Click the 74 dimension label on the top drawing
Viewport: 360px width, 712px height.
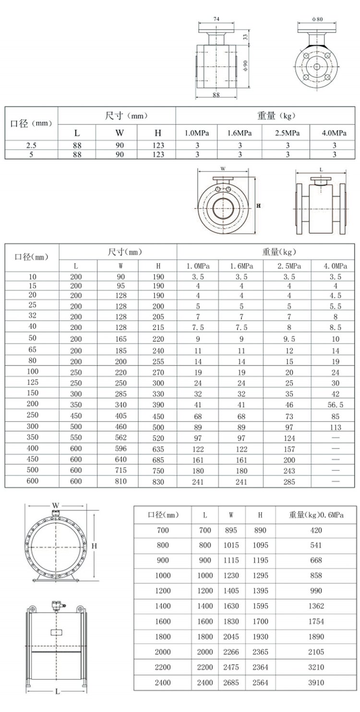click(216, 19)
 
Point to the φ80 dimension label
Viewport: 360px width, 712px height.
click(317, 19)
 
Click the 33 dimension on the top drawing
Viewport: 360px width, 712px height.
click(245, 36)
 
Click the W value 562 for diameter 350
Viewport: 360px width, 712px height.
click(121, 438)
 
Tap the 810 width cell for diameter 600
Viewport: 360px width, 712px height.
click(121, 482)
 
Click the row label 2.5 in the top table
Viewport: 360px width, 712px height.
click(31, 145)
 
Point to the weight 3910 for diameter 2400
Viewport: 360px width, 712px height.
click(316, 683)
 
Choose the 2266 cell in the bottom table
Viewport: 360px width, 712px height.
click(231, 652)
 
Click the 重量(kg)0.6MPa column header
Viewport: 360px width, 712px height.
click(316, 515)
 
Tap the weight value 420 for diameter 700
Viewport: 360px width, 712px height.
click(316, 531)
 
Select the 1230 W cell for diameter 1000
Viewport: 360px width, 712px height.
click(231, 576)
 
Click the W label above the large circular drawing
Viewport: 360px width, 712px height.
click(56, 506)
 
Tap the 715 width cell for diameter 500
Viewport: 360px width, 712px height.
click(121, 471)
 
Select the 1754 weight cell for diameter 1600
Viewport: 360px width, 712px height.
click(316, 621)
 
